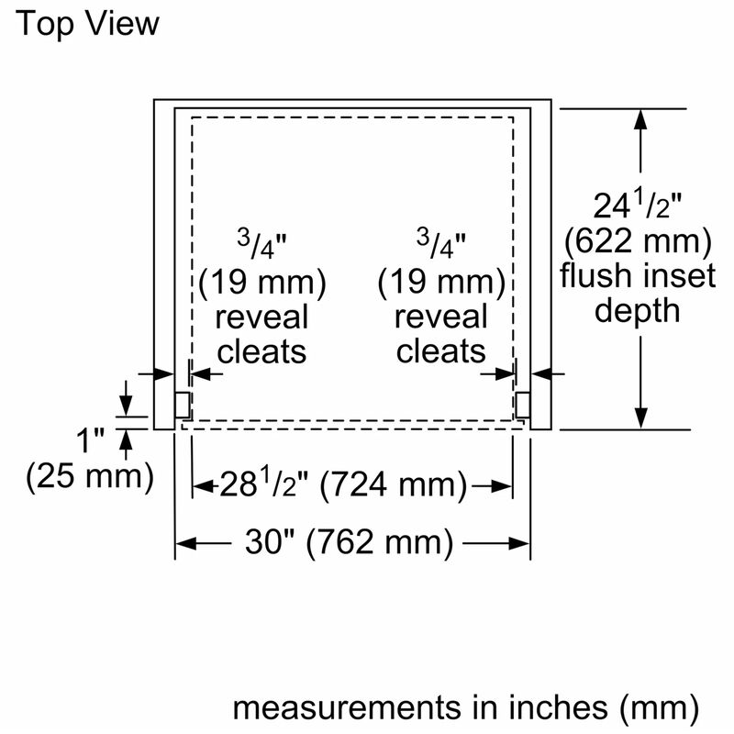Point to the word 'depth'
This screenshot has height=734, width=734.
(x=639, y=310)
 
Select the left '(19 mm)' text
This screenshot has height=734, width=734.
(x=262, y=283)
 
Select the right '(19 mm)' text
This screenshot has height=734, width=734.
(x=441, y=283)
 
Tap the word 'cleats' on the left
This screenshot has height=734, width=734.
(x=262, y=350)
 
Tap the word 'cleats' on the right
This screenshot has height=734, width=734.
(x=441, y=350)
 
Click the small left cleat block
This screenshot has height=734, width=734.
(x=183, y=404)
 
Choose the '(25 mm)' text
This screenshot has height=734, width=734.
(x=89, y=475)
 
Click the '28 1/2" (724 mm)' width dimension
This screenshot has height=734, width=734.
(x=341, y=484)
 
